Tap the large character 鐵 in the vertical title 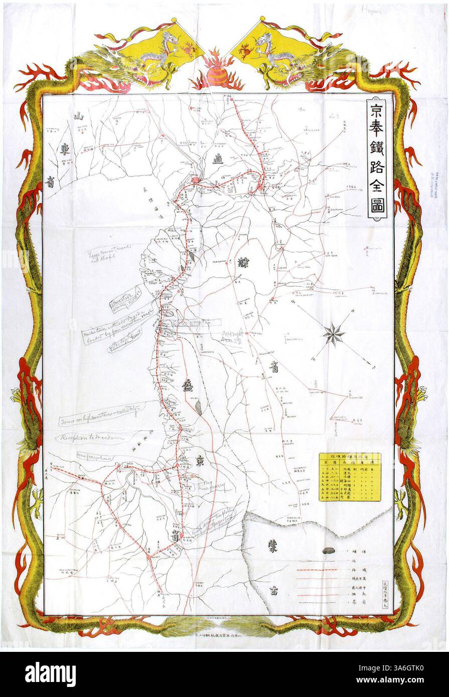377,153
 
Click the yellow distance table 350,477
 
